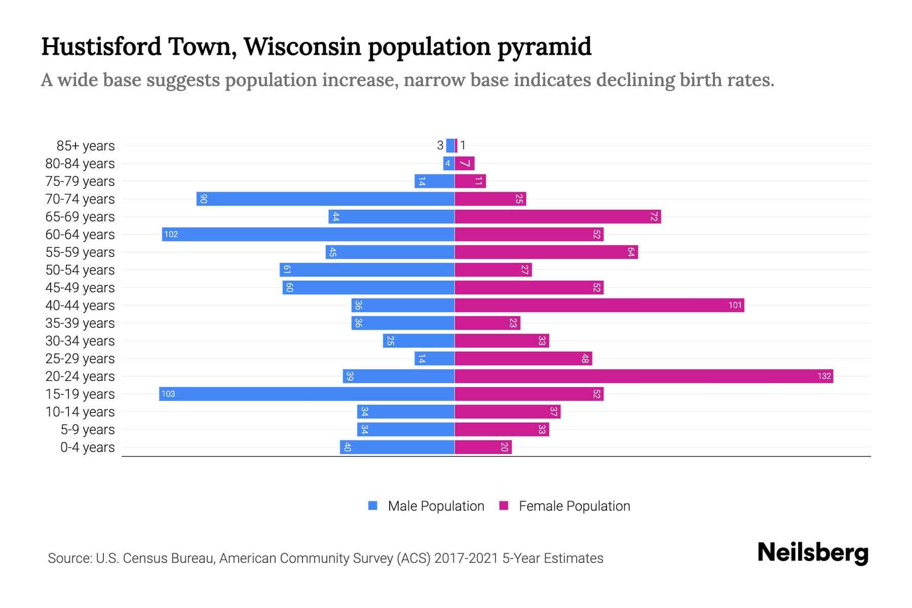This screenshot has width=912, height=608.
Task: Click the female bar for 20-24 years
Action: (643, 376)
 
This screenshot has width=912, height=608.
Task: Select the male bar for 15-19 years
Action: (307, 394)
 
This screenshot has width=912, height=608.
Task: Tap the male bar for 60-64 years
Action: (308, 234)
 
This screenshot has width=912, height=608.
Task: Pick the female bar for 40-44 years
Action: (599, 305)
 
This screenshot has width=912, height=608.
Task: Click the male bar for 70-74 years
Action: (325, 199)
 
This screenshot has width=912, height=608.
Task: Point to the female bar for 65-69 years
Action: (557, 216)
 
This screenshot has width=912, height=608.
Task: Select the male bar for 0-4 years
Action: (397, 447)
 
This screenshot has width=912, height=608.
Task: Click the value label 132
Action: (824, 376)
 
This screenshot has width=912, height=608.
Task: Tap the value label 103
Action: (168, 394)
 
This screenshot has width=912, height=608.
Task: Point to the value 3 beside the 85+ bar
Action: (440, 145)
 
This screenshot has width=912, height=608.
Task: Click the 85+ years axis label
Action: (85, 146)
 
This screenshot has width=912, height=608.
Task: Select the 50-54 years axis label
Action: (80, 270)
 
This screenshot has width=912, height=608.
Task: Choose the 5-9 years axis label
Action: (87, 430)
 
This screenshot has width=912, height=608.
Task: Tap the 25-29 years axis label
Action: (80, 359)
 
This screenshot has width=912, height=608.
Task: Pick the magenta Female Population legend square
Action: (504, 506)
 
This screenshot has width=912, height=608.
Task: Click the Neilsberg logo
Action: (813, 553)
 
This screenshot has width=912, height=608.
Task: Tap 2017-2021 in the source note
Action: (466, 558)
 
